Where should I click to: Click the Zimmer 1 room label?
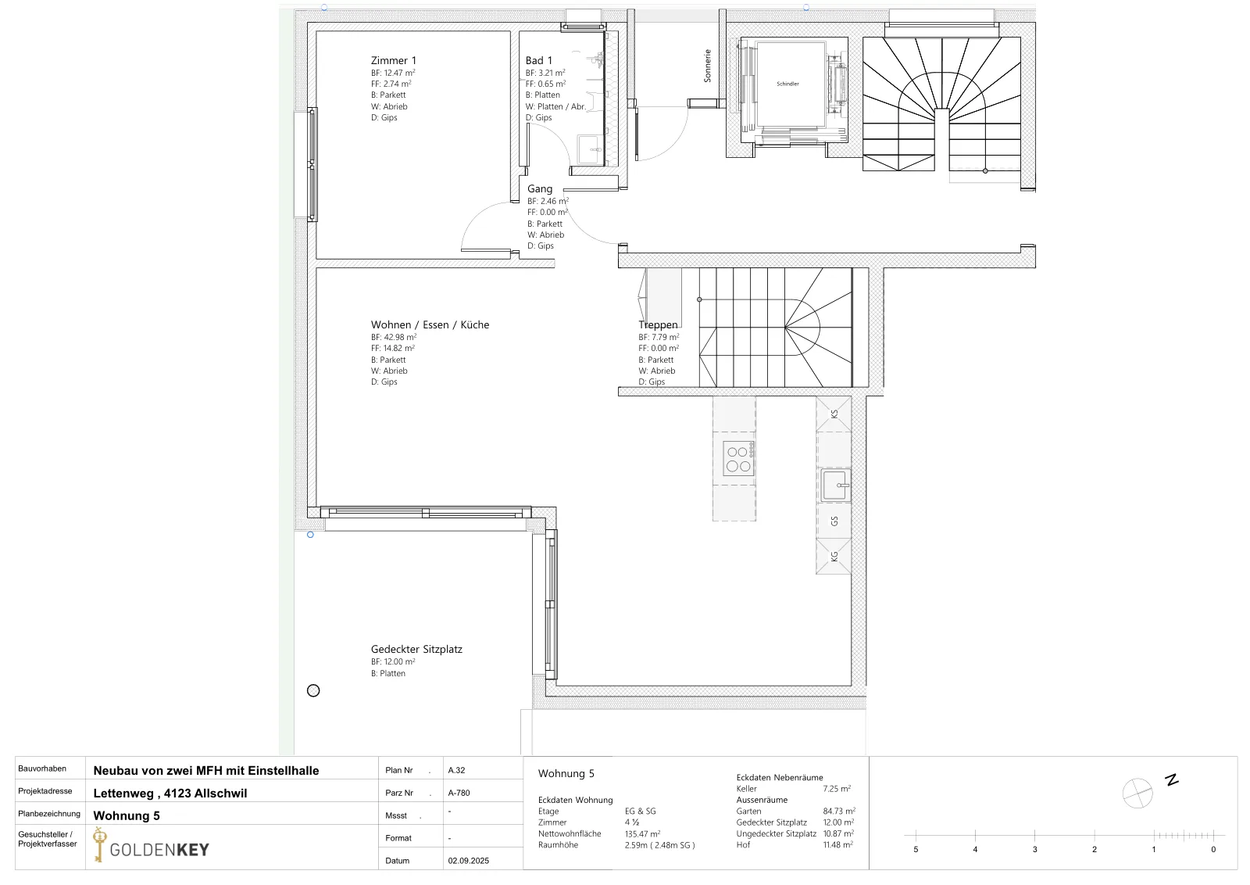[394, 60]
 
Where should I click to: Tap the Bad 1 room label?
[538, 60]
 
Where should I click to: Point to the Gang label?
[540, 188]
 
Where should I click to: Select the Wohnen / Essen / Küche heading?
[430, 324]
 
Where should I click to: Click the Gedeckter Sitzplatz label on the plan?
[416, 649]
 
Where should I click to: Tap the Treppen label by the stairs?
[658, 324]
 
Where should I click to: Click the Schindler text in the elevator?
[787, 84]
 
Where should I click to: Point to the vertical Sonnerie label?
[708, 66]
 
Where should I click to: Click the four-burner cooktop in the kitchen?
[738, 458]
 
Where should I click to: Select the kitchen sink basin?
[835, 485]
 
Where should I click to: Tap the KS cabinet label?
[834, 414]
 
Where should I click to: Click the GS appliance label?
[834, 521]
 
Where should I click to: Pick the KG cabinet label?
[834, 556]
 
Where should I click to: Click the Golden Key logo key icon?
[99, 844]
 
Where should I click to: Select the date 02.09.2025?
[468, 861]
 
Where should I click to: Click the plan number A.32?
[456, 770]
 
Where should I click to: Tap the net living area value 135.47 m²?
[642, 833]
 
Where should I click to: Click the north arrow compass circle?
[1137, 793]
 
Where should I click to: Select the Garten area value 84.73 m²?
[839, 811]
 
